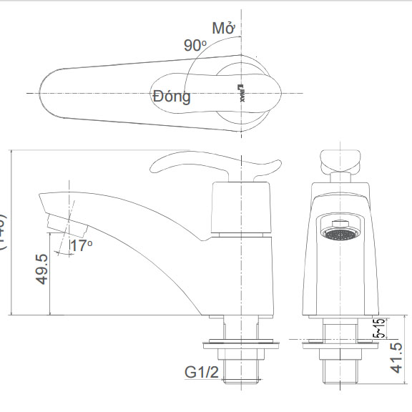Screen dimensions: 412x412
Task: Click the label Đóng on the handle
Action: (x=172, y=96)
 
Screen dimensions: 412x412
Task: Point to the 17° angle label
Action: (x=82, y=246)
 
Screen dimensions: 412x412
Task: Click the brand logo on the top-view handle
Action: (x=241, y=93)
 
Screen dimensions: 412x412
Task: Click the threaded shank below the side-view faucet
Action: (x=244, y=371)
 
